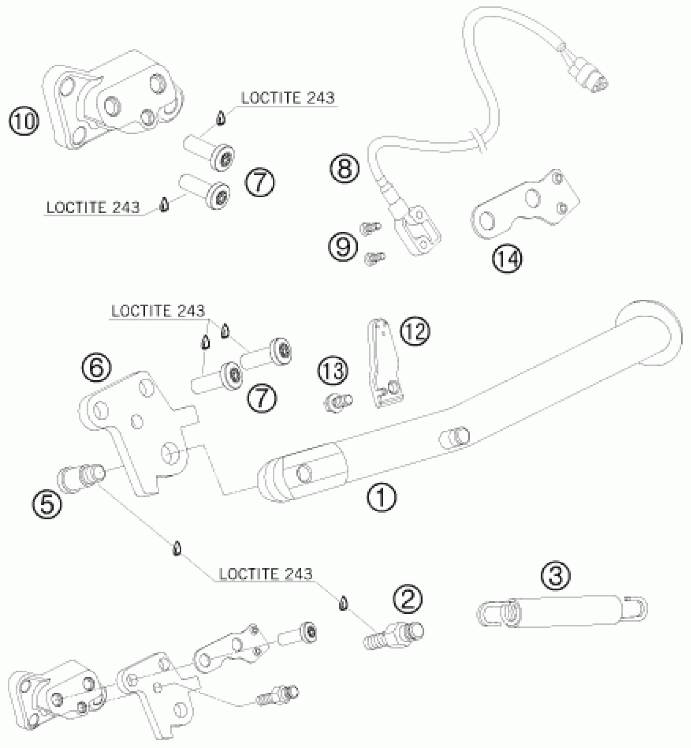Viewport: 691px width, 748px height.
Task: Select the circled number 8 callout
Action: point(344,168)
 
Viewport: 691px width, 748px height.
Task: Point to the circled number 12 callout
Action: point(415,331)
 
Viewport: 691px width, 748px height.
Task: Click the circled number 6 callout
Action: point(96,368)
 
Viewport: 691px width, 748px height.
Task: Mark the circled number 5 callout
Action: point(47,505)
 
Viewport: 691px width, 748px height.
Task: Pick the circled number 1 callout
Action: point(381,497)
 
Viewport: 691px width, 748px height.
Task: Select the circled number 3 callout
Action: point(555,576)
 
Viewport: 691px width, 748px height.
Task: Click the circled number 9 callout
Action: point(343,246)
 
